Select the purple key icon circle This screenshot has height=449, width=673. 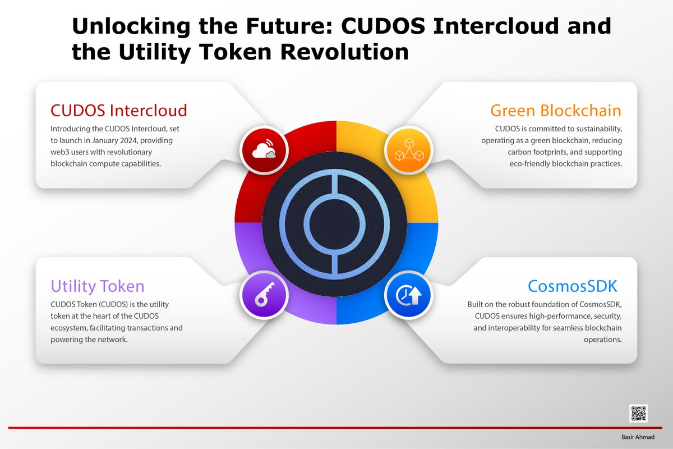tap(264, 295)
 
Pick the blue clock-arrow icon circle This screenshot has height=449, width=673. tap(409, 295)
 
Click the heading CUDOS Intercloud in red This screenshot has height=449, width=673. tap(119, 109)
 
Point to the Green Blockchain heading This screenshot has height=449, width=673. tap(555, 109)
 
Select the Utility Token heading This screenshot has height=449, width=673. tap(98, 286)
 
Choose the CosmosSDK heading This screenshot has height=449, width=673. tap(572, 286)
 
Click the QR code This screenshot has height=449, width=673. tap(639, 414)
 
